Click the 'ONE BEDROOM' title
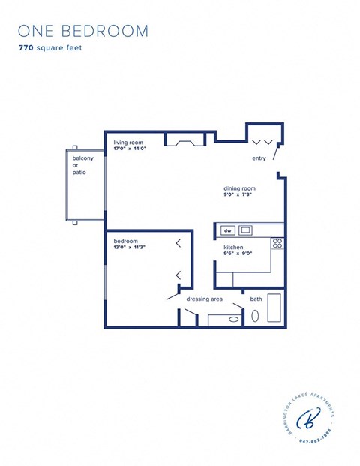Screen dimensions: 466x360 tap(83, 31)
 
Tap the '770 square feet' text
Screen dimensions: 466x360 tap(51, 47)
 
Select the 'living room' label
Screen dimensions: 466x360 tap(128, 142)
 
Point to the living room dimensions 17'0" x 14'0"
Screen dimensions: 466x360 tap(130, 149)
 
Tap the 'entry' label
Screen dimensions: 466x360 tap(259, 158)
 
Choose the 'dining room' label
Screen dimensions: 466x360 tap(239, 188)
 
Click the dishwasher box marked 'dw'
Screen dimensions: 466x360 tap(228, 230)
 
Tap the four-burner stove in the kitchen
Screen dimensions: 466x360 tap(277, 243)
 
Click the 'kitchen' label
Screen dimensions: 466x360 tap(233, 247)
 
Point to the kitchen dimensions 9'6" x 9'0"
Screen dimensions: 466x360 tap(237, 254)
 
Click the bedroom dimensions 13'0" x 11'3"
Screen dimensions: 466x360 tap(129, 248)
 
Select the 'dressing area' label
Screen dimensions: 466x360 tap(205, 299)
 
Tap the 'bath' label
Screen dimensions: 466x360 tap(256, 299)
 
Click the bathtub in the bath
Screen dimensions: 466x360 tap(274, 308)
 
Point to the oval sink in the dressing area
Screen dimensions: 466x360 tap(234, 320)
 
